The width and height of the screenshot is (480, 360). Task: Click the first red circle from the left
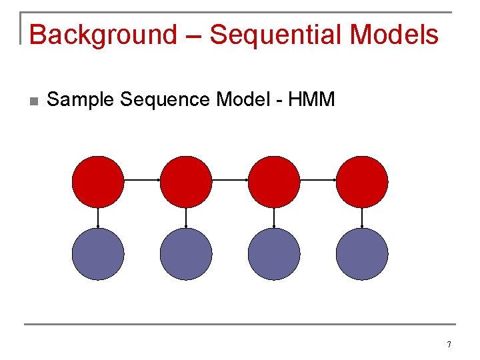[98, 181]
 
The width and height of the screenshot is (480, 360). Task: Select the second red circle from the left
[186, 181]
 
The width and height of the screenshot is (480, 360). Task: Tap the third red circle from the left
[274, 181]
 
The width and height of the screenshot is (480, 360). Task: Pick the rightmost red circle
[362, 181]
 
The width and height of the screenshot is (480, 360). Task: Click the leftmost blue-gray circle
[98, 254]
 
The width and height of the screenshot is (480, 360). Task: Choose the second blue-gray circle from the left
[186, 254]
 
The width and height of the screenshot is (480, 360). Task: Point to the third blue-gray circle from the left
[274, 254]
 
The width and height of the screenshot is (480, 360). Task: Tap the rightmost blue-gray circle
[362, 254]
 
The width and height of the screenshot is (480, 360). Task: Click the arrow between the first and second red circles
[142, 180]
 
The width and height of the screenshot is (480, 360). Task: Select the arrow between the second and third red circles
[230, 180]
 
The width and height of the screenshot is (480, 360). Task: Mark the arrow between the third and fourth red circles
[318, 180]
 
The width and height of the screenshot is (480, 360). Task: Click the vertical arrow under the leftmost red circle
[98, 218]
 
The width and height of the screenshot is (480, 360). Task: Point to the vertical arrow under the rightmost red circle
[362, 218]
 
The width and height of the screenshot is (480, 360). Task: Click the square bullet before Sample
[33, 101]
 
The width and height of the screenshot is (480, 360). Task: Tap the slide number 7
[449, 345]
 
